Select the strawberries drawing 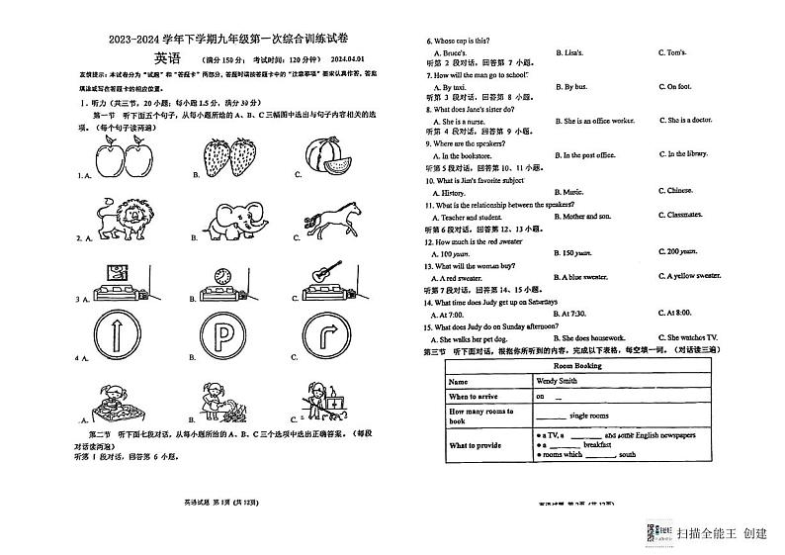pyautogui.click(x=229, y=157)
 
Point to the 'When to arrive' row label pyautogui.click(x=479, y=396)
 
